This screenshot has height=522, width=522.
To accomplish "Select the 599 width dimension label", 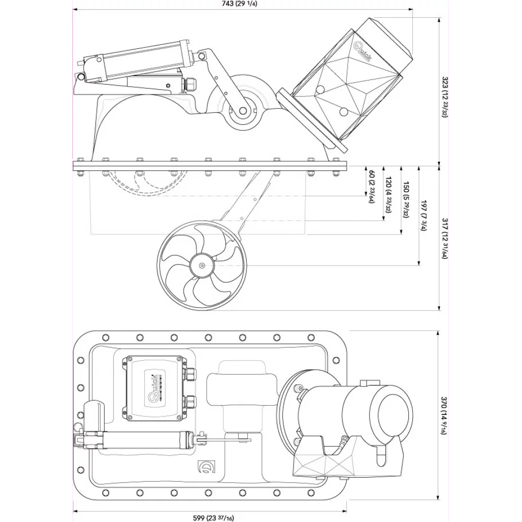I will pyautogui.click(x=213, y=518).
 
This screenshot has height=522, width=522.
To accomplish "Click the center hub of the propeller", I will pyautogui.click(x=202, y=265).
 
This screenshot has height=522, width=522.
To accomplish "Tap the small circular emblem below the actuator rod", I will pyautogui.click(x=206, y=467).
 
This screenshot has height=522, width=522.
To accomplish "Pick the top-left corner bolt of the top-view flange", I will pyautogui.click(x=106, y=337).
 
